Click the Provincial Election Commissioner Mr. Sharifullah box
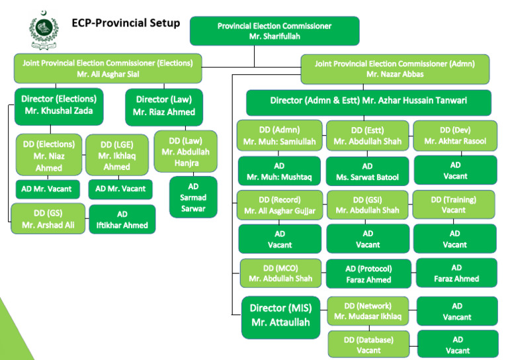(275, 31)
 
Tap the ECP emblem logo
(44, 27)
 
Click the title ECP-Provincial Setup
(126, 23)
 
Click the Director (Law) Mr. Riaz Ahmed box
(164, 106)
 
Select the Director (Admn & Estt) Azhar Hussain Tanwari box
(368, 101)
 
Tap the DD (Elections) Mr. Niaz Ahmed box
(50, 156)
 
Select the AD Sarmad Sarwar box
(193, 197)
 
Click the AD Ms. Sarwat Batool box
(367, 171)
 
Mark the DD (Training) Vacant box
(454, 204)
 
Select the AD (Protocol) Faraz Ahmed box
(368, 274)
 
